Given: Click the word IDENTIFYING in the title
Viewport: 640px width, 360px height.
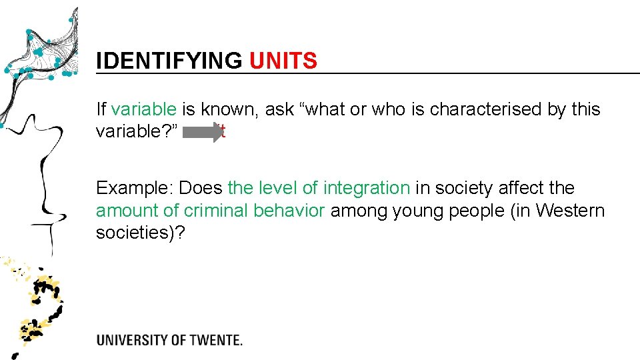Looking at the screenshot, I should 169,61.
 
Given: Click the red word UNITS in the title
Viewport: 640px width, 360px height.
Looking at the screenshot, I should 283,61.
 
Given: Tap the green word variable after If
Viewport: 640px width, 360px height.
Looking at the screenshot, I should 144,109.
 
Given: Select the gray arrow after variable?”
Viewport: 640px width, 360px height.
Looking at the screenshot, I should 203,131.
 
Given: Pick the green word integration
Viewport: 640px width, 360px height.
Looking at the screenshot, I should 367,188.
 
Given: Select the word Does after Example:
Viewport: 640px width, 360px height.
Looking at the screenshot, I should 201,188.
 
